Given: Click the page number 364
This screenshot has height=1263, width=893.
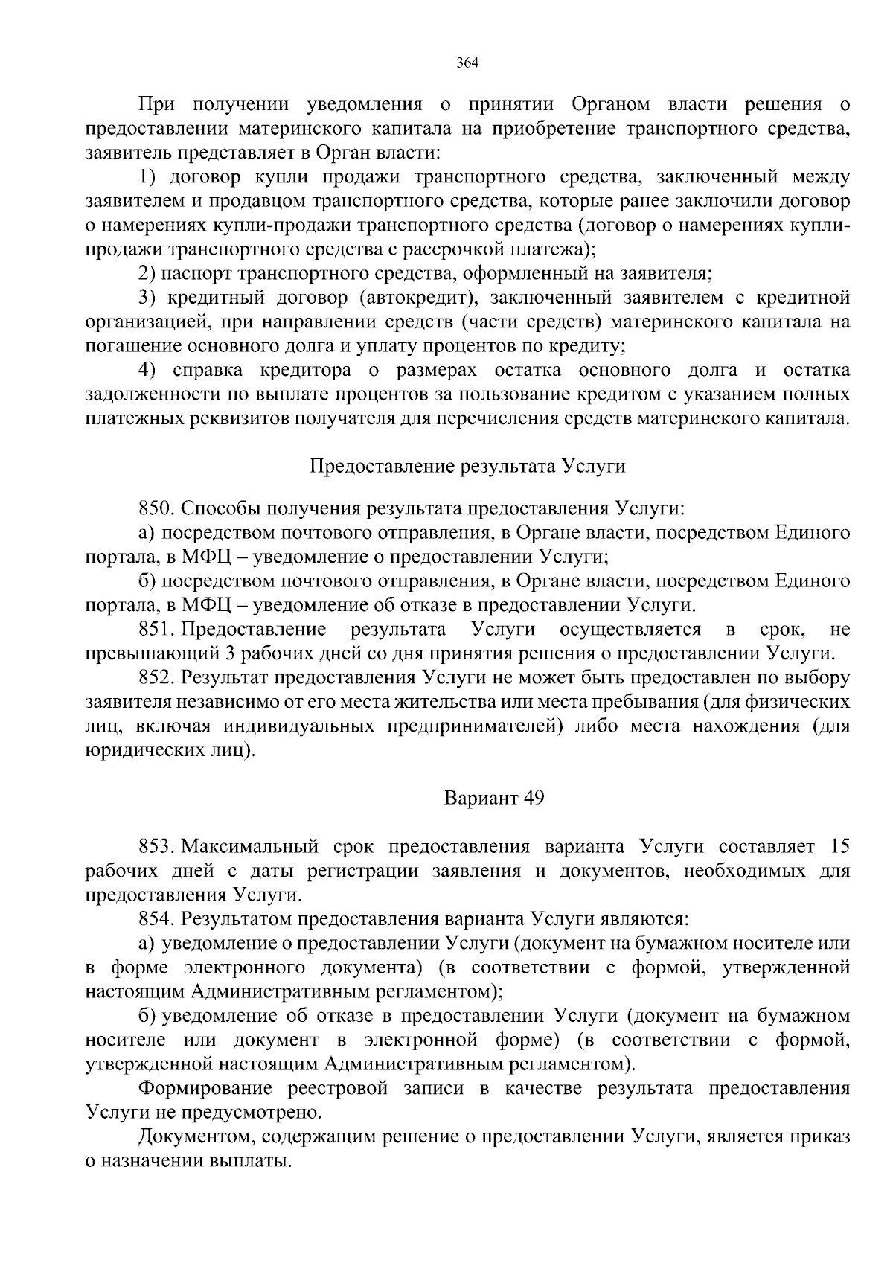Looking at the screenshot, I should (x=467, y=63).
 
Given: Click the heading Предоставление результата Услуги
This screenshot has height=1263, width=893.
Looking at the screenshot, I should (x=467, y=466).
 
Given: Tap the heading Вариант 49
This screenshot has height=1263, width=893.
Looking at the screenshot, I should (x=494, y=798).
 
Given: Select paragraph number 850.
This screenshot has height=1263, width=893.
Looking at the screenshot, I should (x=156, y=509).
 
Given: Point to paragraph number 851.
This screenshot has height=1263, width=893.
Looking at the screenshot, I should (x=156, y=630).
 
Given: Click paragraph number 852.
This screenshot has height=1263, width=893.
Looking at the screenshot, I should (x=156, y=678).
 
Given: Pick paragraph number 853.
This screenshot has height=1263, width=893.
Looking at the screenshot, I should (x=156, y=846).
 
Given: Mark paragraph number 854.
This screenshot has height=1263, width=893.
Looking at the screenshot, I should (x=156, y=919).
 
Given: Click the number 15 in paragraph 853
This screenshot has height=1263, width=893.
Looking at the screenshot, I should (x=839, y=846).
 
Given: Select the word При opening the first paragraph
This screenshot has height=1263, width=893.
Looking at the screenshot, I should (x=155, y=105).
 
